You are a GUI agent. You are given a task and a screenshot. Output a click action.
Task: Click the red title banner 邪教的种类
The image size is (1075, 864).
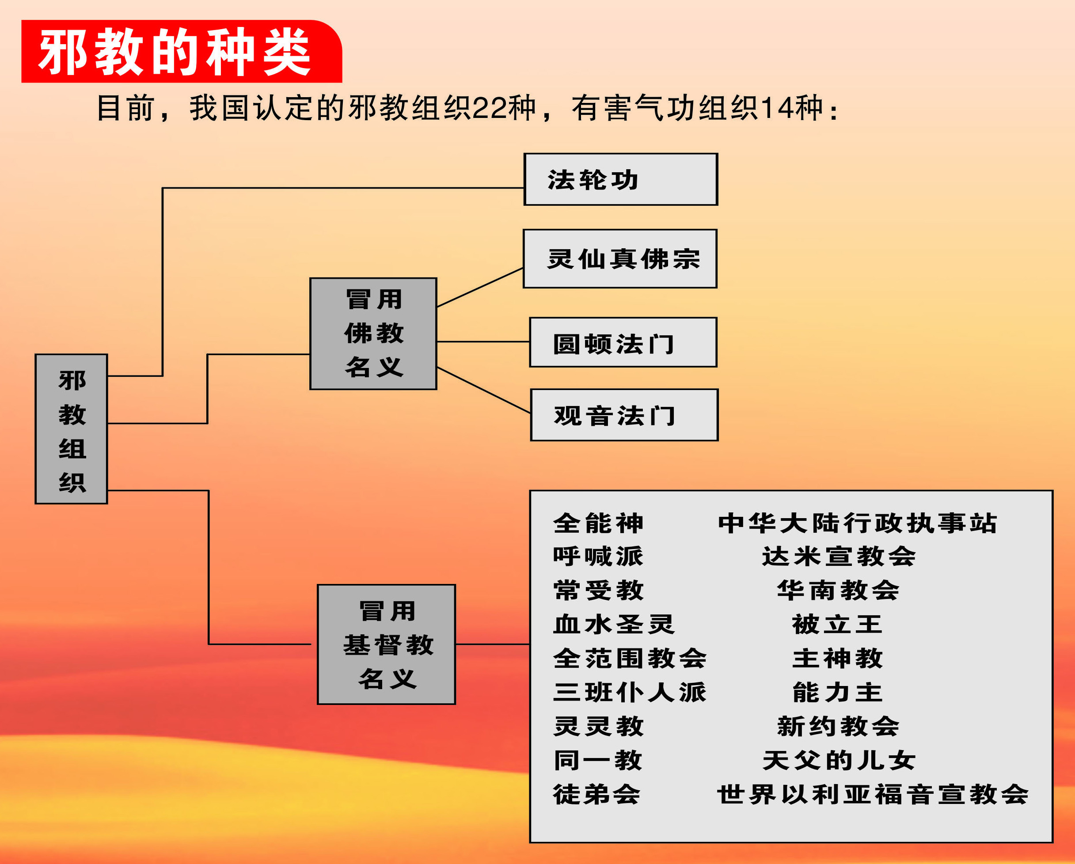tap(181, 51)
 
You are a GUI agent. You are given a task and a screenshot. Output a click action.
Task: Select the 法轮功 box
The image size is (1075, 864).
tap(620, 179)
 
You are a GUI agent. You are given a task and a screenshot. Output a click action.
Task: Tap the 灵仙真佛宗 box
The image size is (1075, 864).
tap(620, 259)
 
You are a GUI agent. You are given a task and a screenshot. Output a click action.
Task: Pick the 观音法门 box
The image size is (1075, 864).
tap(624, 415)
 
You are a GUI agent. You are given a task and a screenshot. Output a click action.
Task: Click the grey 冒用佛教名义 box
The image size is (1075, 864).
tap(373, 333)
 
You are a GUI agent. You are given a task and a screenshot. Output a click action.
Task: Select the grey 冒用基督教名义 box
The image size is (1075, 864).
tap(387, 644)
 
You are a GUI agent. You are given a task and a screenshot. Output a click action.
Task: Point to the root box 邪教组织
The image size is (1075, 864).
tap(71, 429)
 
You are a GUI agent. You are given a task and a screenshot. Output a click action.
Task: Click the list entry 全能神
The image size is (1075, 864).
tap(598, 523)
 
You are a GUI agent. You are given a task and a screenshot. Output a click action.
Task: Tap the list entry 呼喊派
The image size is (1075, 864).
tap(598, 557)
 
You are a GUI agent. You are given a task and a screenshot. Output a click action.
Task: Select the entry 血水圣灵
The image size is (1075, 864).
tap(613, 624)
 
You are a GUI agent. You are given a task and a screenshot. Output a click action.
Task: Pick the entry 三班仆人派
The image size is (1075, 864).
tap(629, 693)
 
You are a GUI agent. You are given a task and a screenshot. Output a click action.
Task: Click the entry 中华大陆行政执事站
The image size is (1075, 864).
tap(857, 523)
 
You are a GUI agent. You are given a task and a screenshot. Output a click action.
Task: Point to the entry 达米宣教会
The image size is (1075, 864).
tap(839, 557)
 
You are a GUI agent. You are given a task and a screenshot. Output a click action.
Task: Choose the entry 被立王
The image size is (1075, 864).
tap(837, 624)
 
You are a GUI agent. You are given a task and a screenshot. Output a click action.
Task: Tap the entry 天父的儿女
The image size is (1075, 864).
tap(839, 760)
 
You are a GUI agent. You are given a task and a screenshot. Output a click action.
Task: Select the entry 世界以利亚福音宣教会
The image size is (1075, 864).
tap(873, 794)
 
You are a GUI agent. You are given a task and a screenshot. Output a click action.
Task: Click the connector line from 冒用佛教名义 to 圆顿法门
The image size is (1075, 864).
tap(482, 341)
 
